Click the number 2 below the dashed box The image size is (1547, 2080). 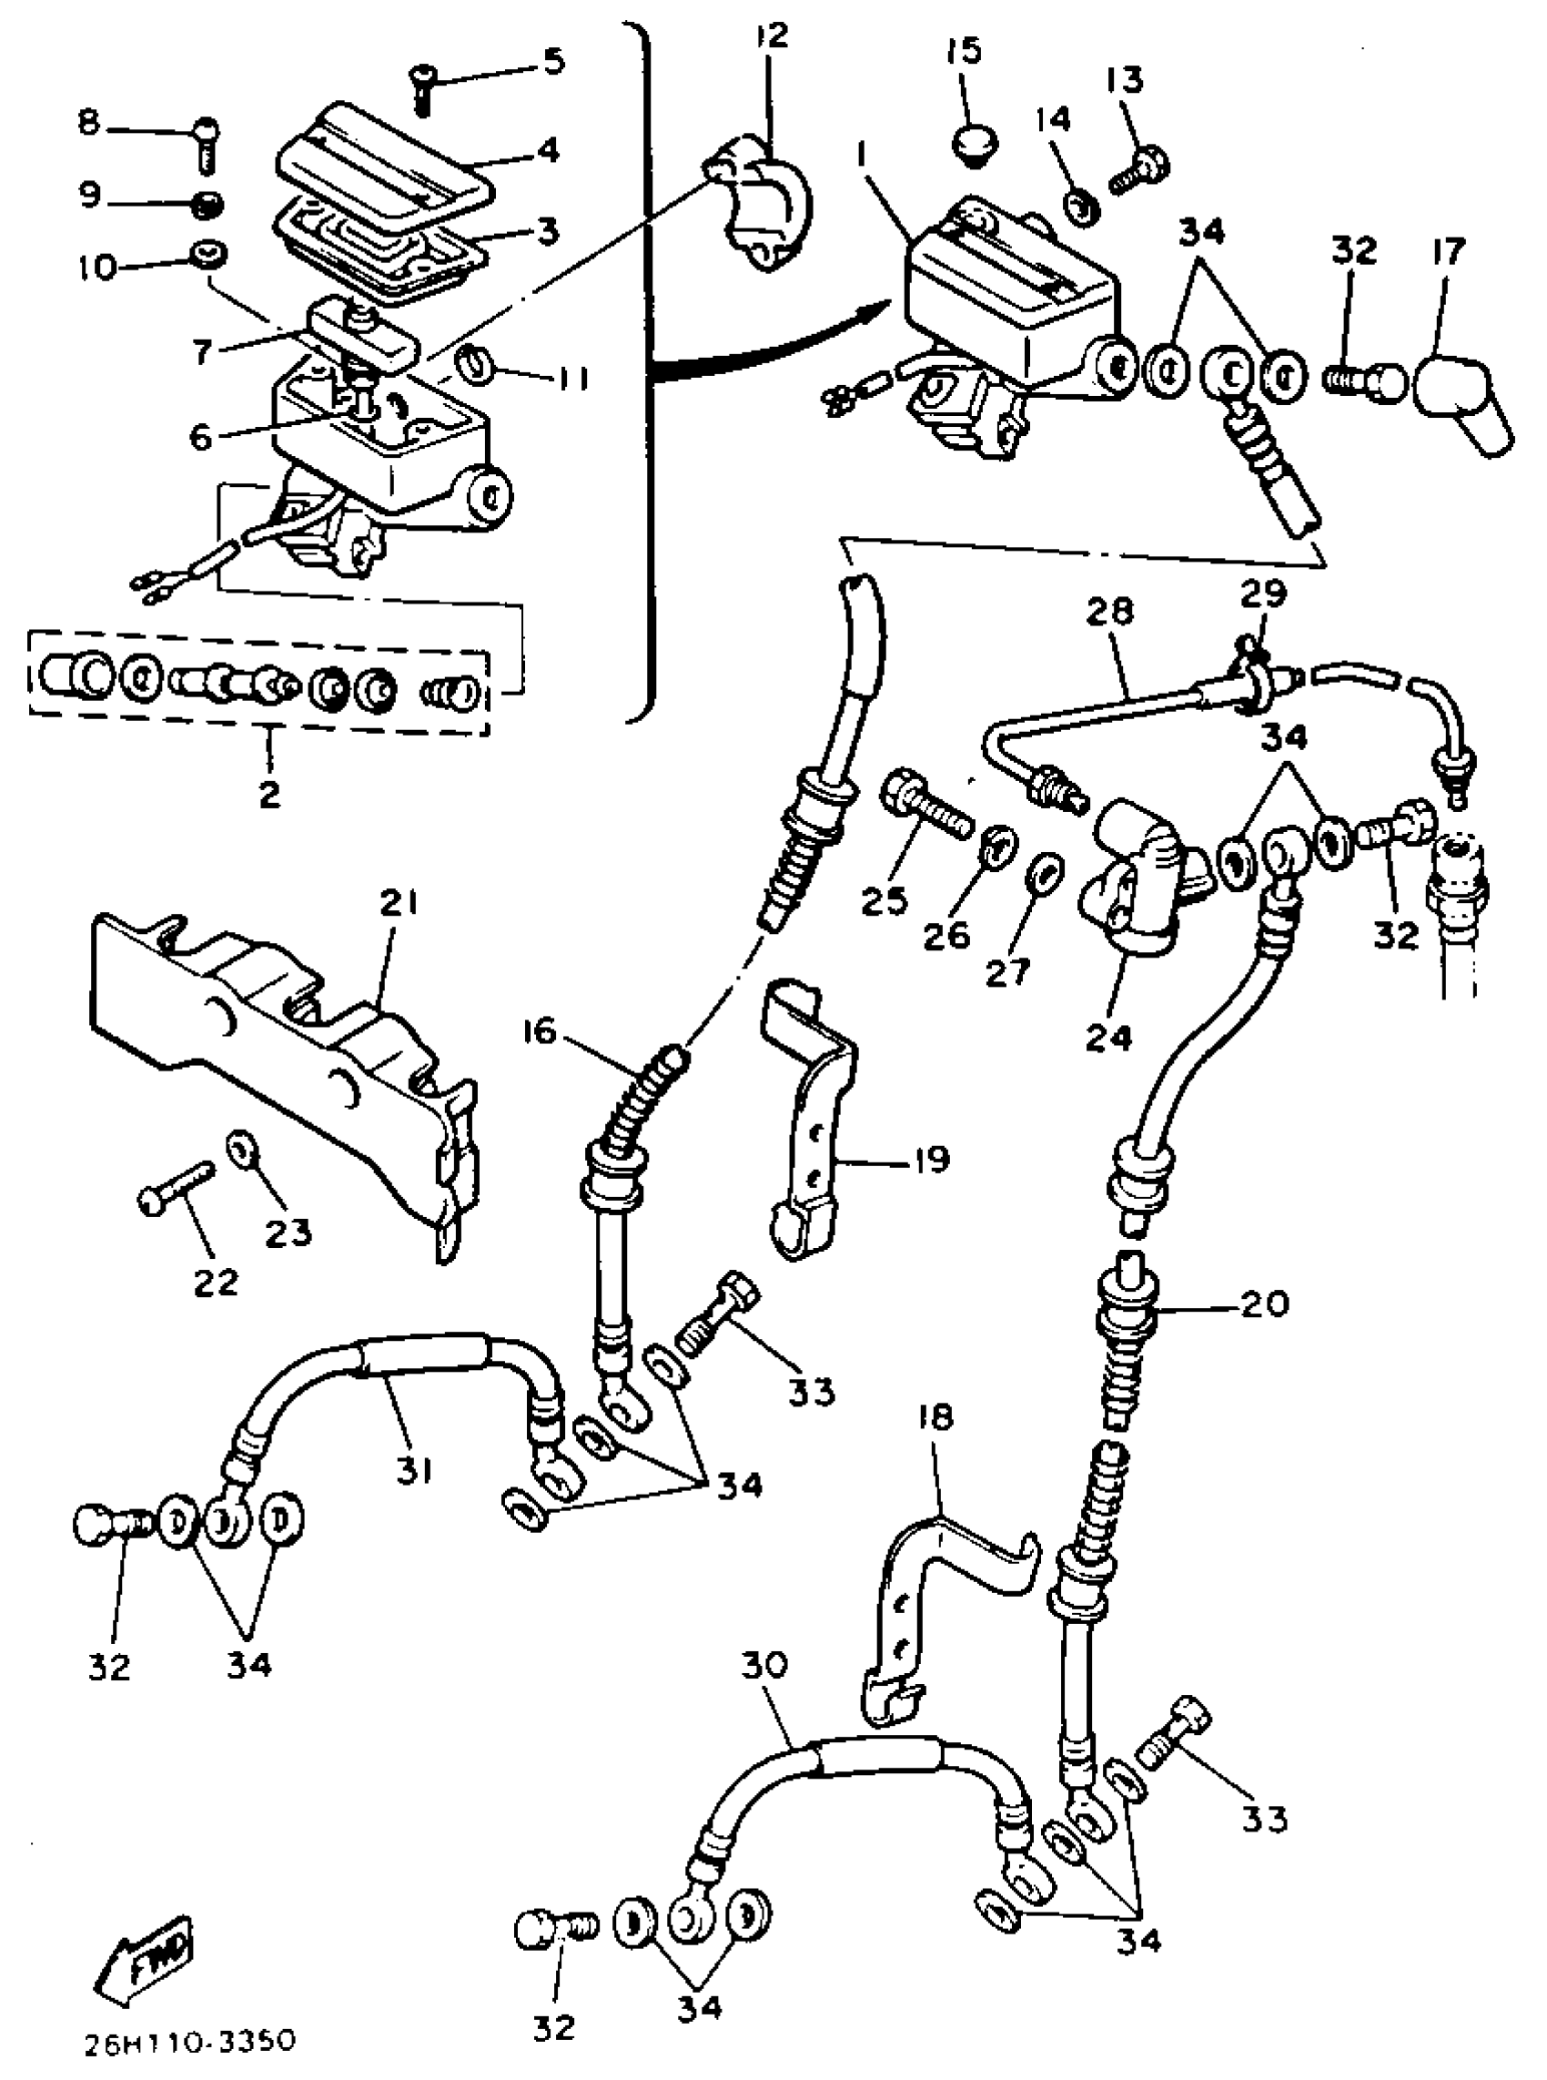point(268,794)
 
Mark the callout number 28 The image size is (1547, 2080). point(1110,613)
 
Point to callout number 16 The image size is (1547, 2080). point(541,1034)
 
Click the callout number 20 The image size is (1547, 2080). point(1263,1304)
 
